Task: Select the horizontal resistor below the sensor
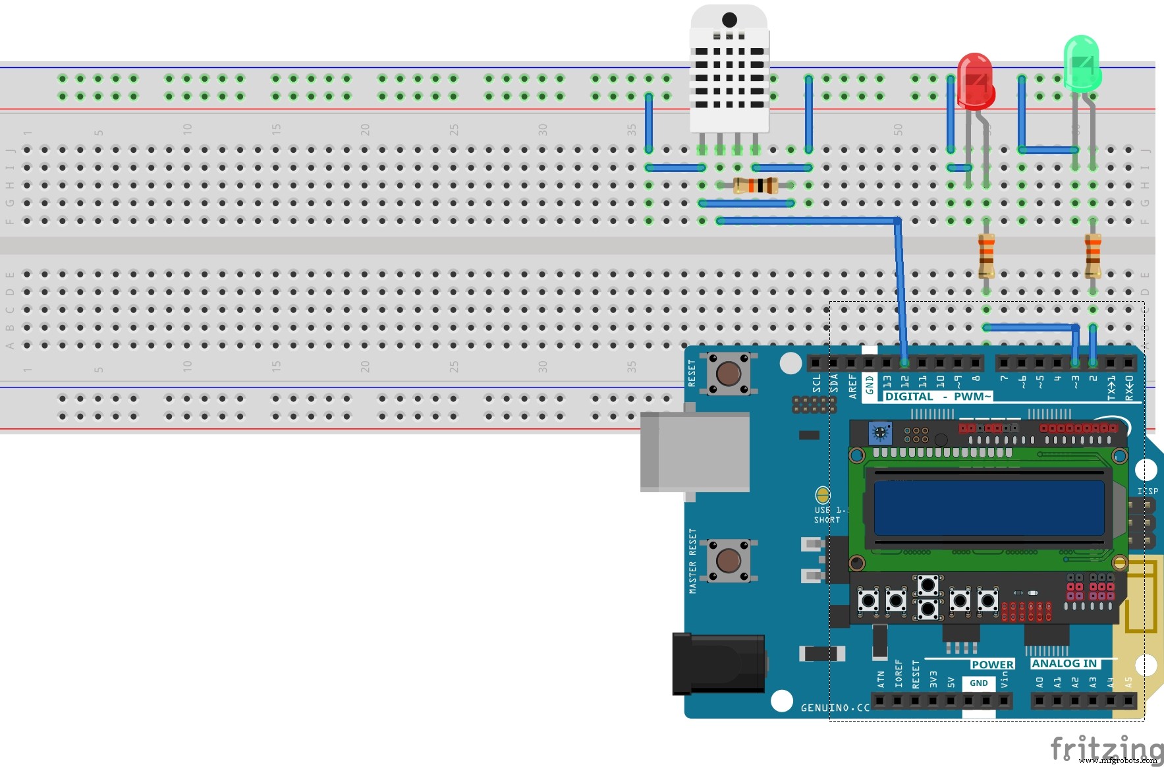point(756,185)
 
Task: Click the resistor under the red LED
point(985,255)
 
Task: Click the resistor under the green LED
point(1092,255)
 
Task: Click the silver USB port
point(694,451)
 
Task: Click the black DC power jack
point(718,664)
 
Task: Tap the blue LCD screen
point(988,507)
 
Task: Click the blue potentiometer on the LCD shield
point(879,433)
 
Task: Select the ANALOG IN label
point(1064,664)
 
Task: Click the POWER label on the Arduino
point(992,664)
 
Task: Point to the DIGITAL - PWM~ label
point(937,396)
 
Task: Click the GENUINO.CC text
point(835,708)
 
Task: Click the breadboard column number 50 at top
point(898,129)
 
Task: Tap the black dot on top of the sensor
point(729,20)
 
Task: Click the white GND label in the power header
point(978,683)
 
